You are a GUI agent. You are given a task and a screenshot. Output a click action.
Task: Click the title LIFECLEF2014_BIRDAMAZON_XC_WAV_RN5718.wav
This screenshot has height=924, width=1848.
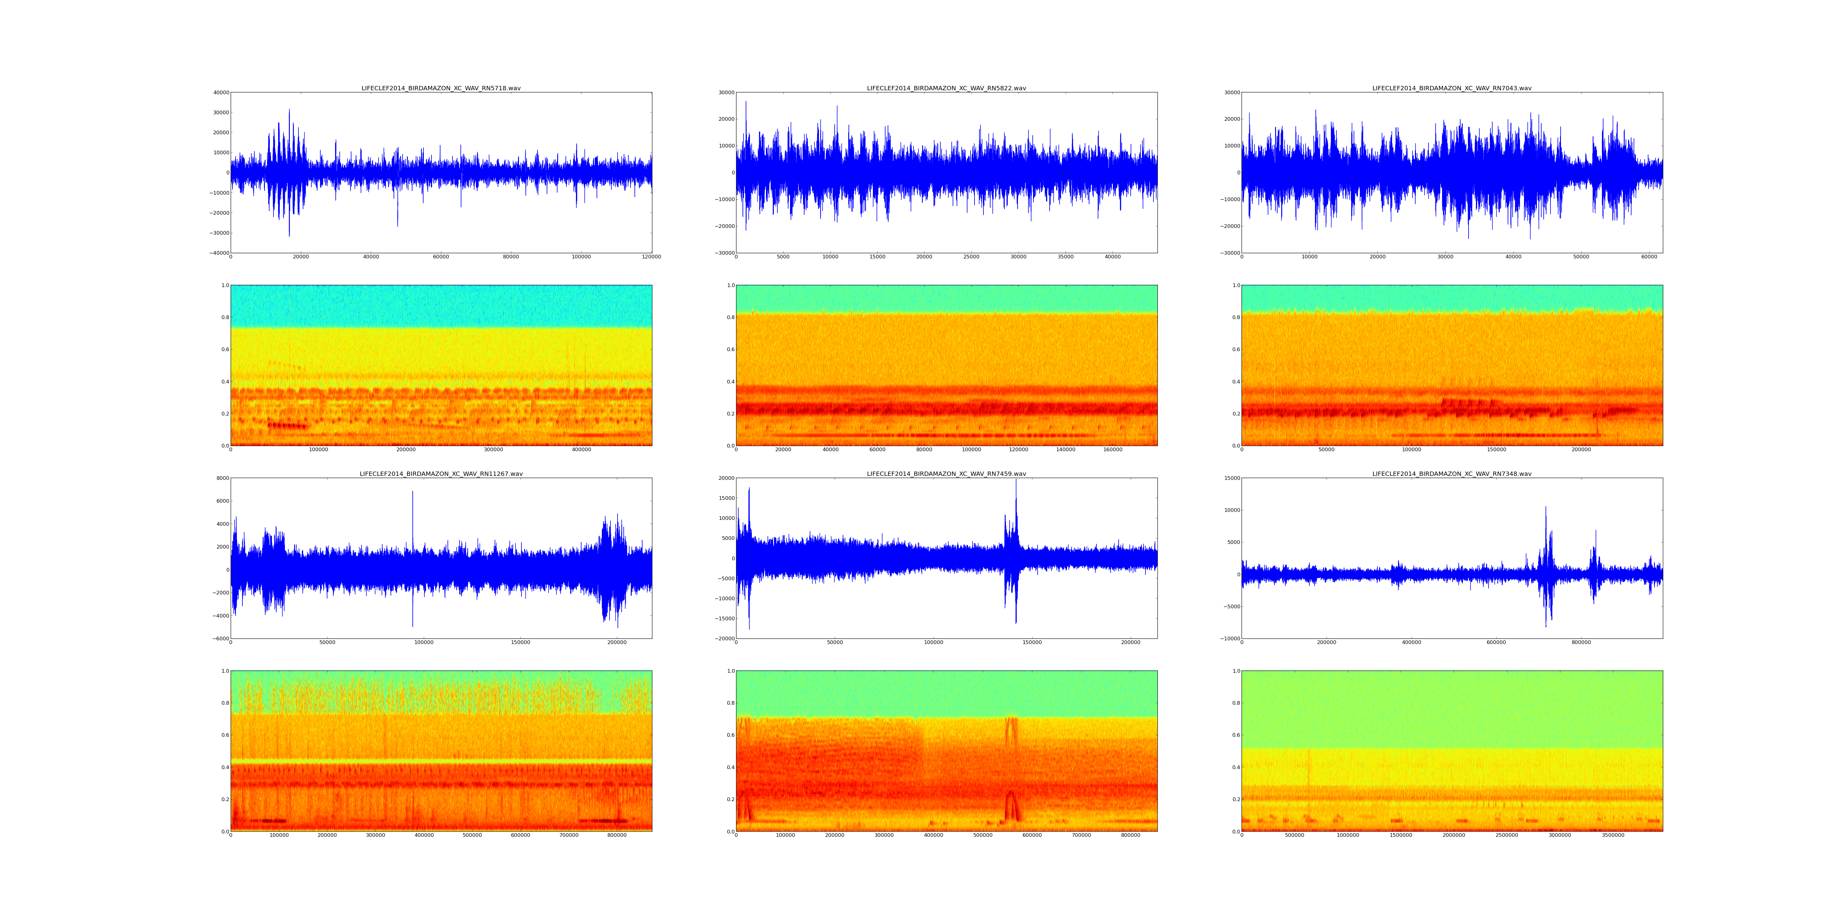pyautogui.click(x=441, y=88)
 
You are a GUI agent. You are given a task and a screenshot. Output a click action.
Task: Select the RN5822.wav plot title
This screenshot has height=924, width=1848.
pyautogui.click(x=946, y=88)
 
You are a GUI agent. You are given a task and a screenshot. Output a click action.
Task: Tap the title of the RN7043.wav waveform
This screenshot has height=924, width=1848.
pyautogui.click(x=1452, y=88)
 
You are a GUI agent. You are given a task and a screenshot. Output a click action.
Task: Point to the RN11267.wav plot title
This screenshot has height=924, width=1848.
pyautogui.click(x=441, y=474)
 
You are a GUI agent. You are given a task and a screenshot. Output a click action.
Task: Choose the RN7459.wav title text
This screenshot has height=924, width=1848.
pyautogui.click(x=946, y=474)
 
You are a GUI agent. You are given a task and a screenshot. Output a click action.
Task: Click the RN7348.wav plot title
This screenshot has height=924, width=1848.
pyautogui.click(x=1452, y=474)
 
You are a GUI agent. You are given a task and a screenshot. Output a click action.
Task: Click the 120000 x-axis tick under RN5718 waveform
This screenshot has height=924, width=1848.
pyautogui.click(x=651, y=257)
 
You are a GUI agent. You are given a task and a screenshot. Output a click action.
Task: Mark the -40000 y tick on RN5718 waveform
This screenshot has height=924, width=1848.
pyautogui.click(x=218, y=253)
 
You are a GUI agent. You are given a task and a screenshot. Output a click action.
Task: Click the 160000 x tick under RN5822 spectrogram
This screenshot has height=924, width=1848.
pyautogui.click(x=1113, y=450)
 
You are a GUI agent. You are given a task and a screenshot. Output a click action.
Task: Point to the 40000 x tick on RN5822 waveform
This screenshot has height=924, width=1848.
pyautogui.click(x=1113, y=257)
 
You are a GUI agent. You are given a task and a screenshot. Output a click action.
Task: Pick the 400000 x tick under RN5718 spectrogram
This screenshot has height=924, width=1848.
pyautogui.click(x=581, y=450)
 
